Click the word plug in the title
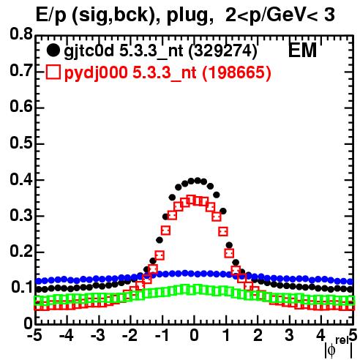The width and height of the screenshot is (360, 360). coord(188,16)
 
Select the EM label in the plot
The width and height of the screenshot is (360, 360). coord(302,50)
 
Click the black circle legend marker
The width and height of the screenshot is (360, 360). coord(53,50)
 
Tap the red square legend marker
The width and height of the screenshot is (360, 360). coord(53,72)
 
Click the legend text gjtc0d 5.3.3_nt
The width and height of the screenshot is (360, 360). coord(124,52)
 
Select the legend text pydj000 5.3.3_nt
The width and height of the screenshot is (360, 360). coord(130,73)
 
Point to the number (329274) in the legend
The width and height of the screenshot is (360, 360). coord(223,51)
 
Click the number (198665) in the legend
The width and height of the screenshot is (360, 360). coord(236,72)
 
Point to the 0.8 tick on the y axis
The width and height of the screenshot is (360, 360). coord(21,34)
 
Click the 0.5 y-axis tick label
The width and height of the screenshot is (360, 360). coord(21,143)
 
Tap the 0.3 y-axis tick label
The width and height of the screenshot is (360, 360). coord(21,215)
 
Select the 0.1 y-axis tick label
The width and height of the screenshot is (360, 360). coord(22,287)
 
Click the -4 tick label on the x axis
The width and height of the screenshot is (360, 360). coord(66,336)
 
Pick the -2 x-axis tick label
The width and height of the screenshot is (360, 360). coord(130,336)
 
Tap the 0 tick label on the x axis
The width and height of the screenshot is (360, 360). coord(194,336)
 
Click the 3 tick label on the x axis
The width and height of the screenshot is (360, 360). coord(289,336)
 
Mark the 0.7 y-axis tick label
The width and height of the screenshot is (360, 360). coord(21,70)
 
